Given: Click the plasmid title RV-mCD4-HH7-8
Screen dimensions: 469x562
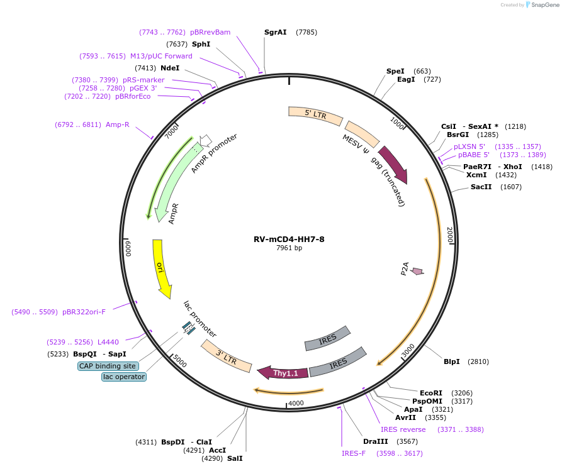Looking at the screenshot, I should click(x=289, y=239).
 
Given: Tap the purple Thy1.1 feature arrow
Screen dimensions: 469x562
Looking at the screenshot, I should click(x=284, y=373).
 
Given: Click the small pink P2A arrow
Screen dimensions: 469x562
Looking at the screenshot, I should click(x=417, y=271).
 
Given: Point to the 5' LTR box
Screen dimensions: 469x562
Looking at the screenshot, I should click(x=315, y=114).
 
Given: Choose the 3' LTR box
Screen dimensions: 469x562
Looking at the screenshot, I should click(x=227, y=355).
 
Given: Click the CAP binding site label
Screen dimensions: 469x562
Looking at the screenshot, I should click(x=108, y=366).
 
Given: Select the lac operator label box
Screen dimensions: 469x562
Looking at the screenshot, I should click(x=124, y=377).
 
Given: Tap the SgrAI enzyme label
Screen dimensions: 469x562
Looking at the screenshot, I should click(x=276, y=32).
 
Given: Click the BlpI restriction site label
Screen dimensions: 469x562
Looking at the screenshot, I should click(x=452, y=361).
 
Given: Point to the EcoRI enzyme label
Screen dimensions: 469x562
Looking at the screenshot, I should click(x=431, y=393).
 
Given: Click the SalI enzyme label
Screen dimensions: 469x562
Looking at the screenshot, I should click(x=235, y=458).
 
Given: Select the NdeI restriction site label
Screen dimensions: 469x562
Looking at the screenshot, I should click(x=170, y=68).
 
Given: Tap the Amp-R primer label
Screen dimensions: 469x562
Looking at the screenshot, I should click(x=118, y=124).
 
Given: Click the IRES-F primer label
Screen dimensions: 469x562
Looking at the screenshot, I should click(x=354, y=453).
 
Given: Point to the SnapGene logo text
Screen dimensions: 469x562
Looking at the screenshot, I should click(x=544, y=4).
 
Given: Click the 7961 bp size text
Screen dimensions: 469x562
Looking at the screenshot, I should click(x=289, y=248).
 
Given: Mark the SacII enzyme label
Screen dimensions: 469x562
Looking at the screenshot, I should click(x=481, y=187).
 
